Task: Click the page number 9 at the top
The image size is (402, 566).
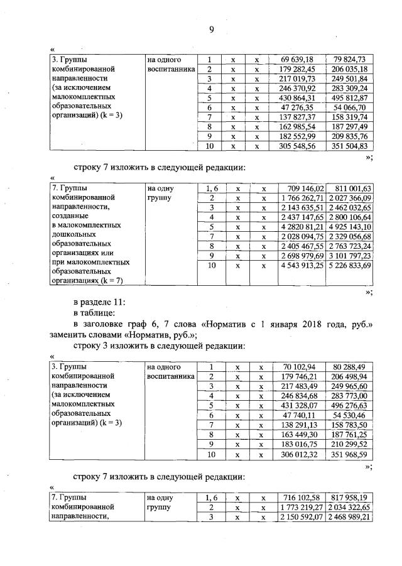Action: point(212,28)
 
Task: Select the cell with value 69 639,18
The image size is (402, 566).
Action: point(298,60)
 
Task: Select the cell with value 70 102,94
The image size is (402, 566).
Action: point(298,367)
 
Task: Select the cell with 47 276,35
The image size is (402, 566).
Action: point(298,108)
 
